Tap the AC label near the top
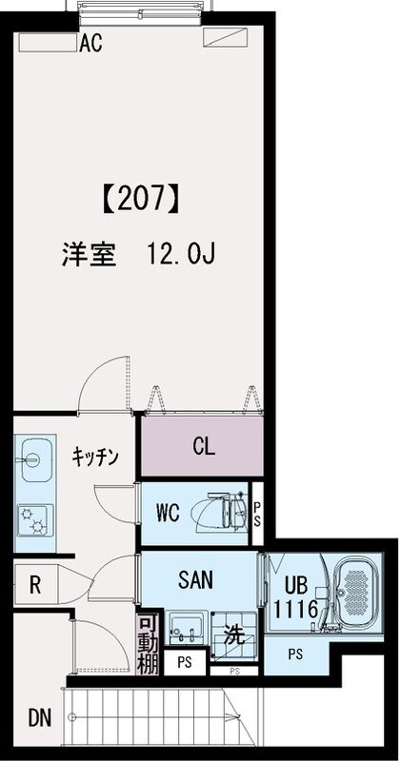tap(91, 42)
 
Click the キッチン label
tap(94, 458)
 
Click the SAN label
tap(195, 578)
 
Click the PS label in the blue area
tap(297, 654)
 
